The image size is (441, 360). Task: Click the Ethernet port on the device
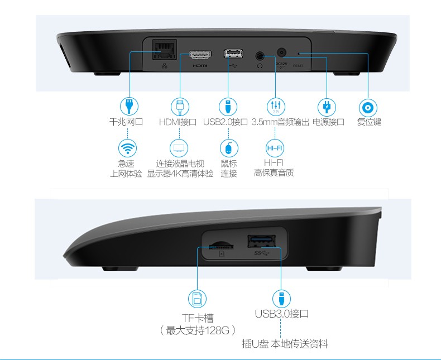(165, 50)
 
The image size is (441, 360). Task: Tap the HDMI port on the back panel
(200, 55)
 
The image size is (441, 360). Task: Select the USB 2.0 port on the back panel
(233, 54)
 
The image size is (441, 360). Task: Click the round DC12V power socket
(281, 52)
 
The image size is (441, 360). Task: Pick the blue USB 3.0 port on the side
(261, 241)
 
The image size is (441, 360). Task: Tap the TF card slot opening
(221, 246)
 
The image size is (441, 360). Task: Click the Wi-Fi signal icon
(127, 148)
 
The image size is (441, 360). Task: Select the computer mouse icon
(229, 148)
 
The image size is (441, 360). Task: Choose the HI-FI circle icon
(275, 148)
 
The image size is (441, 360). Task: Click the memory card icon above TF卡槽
(197, 299)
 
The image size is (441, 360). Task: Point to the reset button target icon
(368, 107)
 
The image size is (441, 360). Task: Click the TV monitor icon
(179, 148)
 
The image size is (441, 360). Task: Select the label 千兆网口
(126, 122)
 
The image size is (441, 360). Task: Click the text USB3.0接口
(281, 314)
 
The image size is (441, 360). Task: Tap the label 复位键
(369, 122)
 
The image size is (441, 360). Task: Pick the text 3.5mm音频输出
(280, 122)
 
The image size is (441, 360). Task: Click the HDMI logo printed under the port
(200, 66)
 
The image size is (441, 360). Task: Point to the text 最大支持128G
(198, 330)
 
